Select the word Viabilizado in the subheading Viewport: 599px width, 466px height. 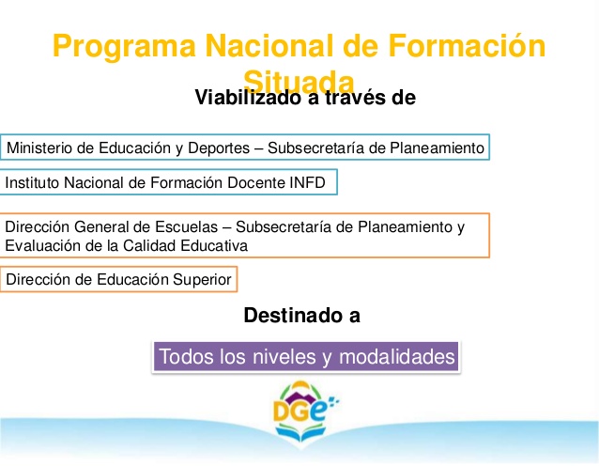click(x=250, y=97)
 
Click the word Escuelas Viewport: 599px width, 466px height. click(x=192, y=227)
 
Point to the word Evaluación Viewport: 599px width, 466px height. click(x=40, y=245)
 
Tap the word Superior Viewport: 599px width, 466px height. click(x=200, y=279)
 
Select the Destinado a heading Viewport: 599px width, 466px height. click(x=300, y=316)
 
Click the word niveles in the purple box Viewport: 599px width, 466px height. click(x=271, y=357)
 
